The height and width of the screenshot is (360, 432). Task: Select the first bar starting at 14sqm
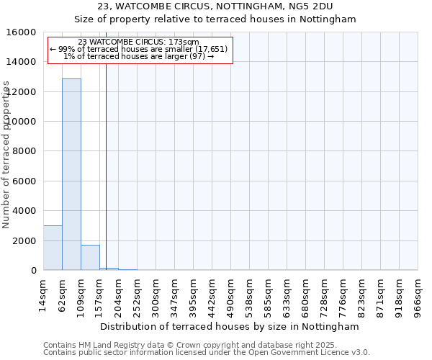pyautogui.click(x=53, y=248)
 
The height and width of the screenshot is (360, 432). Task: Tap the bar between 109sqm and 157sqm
pyautogui.click(x=90, y=257)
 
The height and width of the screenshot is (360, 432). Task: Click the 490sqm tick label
pyautogui.click(x=230, y=295)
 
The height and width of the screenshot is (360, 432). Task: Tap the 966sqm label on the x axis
pyautogui.click(x=418, y=295)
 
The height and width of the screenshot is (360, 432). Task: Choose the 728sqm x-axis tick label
pyautogui.click(x=324, y=295)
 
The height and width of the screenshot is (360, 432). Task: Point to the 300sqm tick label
pyautogui.click(x=156, y=295)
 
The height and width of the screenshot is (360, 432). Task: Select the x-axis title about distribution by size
pyautogui.click(x=230, y=326)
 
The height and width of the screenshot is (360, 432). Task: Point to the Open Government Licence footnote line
pyautogui.click(x=207, y=353)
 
